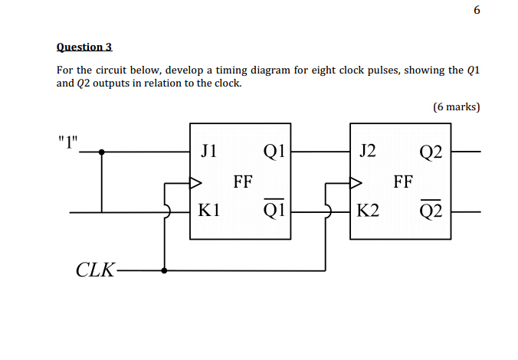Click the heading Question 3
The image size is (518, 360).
coord(84,47)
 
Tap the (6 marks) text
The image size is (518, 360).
coord(457,107)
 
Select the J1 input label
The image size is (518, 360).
coord(208,151)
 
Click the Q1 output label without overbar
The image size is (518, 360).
coord(274,152)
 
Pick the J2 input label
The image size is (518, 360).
coord(367,151)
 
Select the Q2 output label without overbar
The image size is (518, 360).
coord(431,152)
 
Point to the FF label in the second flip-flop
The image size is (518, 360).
coord(402,182)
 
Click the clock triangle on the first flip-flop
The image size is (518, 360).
coord(195,183)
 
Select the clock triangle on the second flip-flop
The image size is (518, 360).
coord(355,183)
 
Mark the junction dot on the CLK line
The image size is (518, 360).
coord(165,270)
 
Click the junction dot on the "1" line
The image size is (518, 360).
coord(102,152)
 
